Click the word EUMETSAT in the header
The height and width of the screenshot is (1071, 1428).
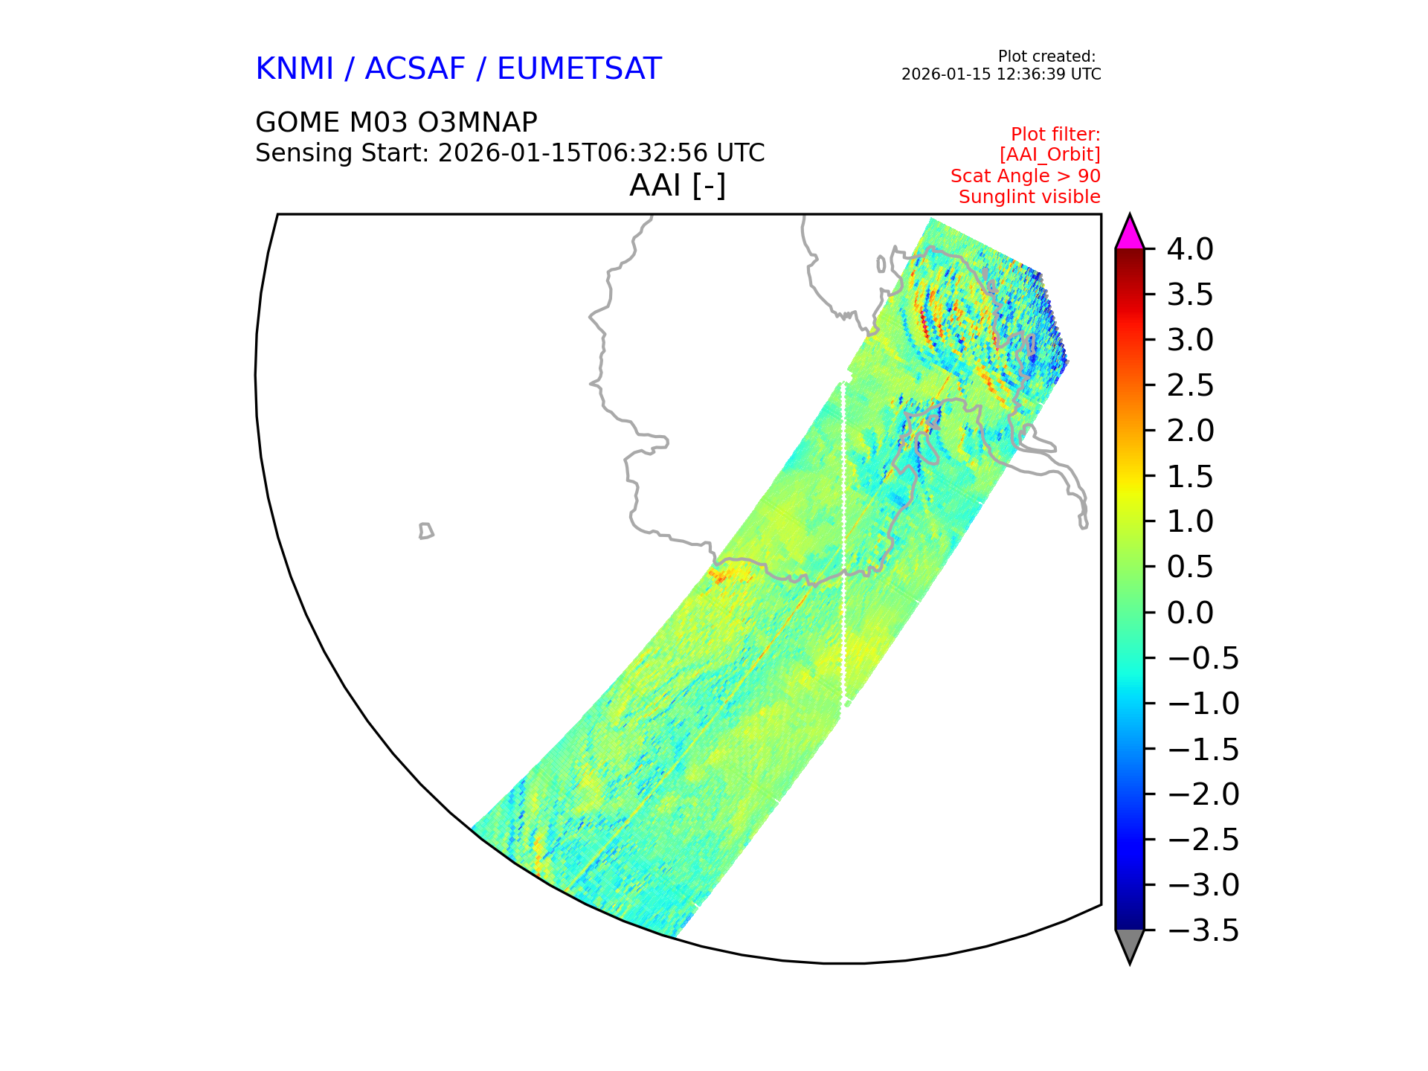click(579, 69)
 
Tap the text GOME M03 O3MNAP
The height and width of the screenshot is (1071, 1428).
click(396, 122)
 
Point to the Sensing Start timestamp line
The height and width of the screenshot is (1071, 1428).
click(510, 153)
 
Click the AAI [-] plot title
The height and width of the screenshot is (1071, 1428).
click(678, 185)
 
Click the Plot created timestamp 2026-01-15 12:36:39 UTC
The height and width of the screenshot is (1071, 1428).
click(1001, 74)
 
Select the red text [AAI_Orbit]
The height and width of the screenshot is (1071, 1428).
click(1049, 155)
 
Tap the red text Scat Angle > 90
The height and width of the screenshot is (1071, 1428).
click(1026, 176)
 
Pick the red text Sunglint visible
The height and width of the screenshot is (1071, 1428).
click(1029, 197)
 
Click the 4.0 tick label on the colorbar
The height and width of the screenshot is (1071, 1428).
click(1190, 249)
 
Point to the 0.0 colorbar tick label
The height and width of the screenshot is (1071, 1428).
click(1190, 613)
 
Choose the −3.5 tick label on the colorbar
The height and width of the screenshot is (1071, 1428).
click(1203, 930)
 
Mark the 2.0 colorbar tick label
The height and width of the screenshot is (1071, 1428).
click(1190, 431)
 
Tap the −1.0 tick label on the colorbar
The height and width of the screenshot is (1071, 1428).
click(1203, 704)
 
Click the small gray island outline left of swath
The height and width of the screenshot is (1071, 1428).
click(426, 531)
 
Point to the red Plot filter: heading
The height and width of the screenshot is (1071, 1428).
click(1055, 135)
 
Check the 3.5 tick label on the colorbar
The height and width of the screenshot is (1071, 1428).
click(1190, 295)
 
